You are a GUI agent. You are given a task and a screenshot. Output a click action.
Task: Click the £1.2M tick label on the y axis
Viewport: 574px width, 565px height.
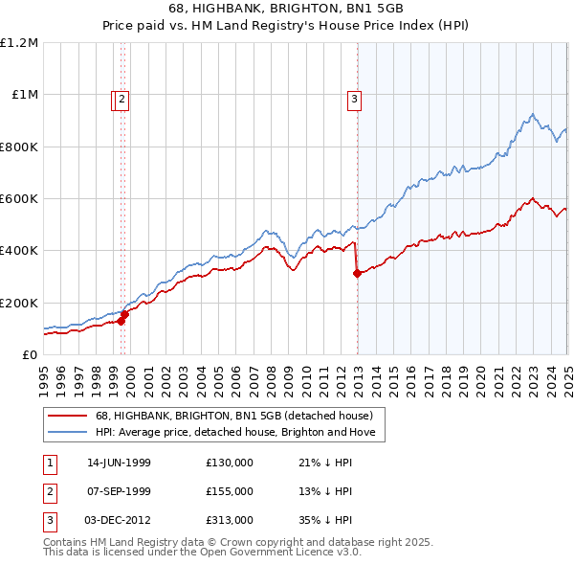pos(19,43)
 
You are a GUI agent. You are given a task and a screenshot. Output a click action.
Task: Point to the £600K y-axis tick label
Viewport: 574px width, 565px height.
pos(19,199)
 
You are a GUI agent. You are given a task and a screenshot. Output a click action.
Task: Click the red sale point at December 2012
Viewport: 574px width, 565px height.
pos(357,274)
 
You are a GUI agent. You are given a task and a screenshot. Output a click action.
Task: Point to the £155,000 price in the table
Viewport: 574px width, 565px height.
pos(230,491)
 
